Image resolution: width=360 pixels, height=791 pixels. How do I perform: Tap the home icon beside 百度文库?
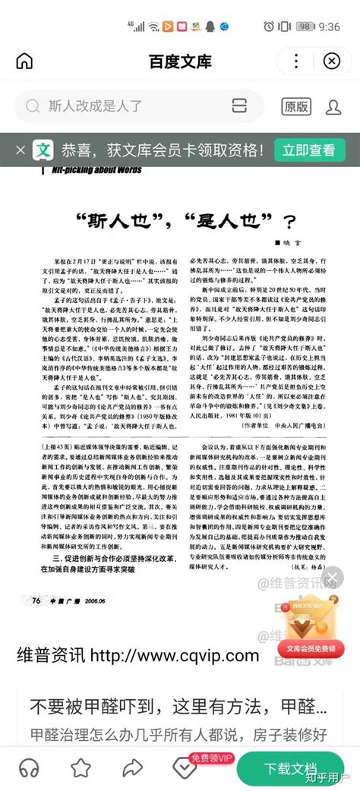(24, 61)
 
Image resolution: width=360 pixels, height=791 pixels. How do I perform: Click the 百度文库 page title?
(179, 61)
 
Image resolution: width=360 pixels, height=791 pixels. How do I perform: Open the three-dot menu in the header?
(296, 61)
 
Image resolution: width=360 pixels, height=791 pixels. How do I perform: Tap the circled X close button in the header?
(332, 61)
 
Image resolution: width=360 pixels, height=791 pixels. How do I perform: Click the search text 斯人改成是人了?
(95, 106)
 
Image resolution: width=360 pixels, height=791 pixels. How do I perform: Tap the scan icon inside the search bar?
(240, 106)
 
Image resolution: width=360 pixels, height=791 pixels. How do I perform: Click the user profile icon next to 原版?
(334, 106)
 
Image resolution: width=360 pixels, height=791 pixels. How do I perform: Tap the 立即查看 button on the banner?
(308, 150)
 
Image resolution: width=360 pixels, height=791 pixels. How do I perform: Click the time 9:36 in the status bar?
(329, 27)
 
